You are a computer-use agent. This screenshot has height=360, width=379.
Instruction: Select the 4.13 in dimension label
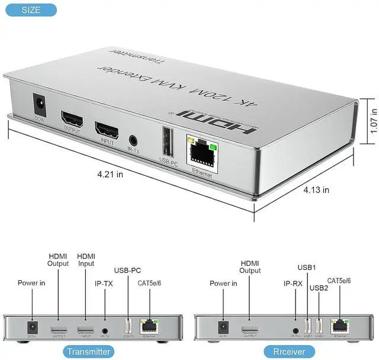pos(317,190)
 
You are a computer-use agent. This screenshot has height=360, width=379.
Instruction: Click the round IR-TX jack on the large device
pos(134,140)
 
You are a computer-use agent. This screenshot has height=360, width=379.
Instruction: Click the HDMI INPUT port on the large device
pos(107,129)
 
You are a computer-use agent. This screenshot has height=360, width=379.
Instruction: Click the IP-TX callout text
pos(104,283)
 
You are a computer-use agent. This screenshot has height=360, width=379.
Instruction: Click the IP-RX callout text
pos(293,284)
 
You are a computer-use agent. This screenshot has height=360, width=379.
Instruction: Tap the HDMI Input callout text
pos(86,259)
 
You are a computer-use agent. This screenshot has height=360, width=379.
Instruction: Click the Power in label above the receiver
pos(224,283)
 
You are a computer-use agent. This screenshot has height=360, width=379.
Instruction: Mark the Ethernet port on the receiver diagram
pos(339,324)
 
